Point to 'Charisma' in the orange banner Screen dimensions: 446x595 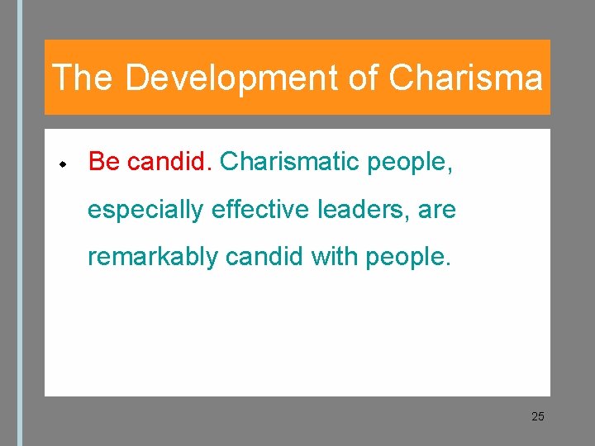point(465,78)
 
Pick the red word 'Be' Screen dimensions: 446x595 point(104,162)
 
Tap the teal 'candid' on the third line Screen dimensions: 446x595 point(263,257)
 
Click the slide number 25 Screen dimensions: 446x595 point(538,416)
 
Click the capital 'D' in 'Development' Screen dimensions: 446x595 point(136,78)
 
